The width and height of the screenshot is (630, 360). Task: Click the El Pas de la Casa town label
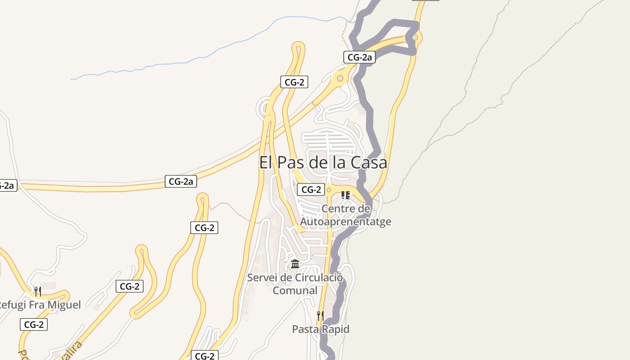tap(323, 162)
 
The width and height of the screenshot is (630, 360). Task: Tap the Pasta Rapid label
tap(320, 329)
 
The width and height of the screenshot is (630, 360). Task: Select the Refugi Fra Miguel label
tap(40, 305)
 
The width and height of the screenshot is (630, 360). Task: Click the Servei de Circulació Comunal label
tap(295, 284)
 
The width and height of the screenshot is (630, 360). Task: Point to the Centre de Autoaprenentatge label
tap(345, 215)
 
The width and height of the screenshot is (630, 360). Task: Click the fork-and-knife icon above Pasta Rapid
tap(320, 315)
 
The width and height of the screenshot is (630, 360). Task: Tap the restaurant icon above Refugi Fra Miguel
tap(38, 292)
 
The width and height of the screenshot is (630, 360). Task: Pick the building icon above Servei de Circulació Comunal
tap(295, 264)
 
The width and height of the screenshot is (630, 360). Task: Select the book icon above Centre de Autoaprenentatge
tap(346, 195)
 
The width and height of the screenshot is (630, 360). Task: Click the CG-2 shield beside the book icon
tap(311, 190)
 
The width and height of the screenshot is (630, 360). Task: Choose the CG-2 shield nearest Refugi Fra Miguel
tap(33, 324)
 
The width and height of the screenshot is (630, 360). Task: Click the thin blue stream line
tap(180, 63)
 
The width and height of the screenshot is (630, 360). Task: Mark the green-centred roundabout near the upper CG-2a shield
tap(340, 78)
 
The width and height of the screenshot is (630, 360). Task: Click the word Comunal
tap(295, 291)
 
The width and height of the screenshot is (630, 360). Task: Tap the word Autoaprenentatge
tap(345, 222)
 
